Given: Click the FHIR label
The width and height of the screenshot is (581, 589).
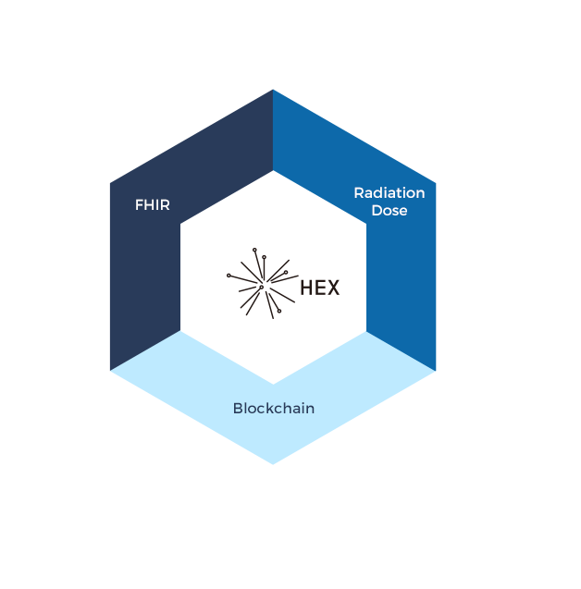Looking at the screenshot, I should click(153, 205).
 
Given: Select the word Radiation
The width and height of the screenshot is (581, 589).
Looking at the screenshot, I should click(389, 193).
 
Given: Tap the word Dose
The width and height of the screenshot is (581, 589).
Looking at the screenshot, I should click(389, 211).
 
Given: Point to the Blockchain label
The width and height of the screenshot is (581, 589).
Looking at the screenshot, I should click(274, 408).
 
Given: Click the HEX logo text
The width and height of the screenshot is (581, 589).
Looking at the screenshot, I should click(319, 288).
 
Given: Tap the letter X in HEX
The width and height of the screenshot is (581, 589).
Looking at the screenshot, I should click(333, 288).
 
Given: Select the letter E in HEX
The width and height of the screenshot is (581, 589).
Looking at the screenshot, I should click(320, 288).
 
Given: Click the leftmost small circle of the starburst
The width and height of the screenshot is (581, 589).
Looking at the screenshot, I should click(229, 275).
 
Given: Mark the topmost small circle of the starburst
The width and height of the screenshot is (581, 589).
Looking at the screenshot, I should click(254, 250).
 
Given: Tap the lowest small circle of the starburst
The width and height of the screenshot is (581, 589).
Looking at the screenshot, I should click(278, 311).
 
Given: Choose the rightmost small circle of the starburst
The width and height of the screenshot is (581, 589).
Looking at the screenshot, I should click(286, 272).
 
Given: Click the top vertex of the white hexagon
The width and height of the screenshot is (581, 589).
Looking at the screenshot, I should click(274, 171).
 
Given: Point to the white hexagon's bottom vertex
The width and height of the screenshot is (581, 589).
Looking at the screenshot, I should click(274, 384).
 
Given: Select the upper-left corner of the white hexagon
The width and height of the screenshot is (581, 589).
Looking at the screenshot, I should click(181, 224).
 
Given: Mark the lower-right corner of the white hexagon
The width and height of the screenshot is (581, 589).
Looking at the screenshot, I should click(366, 331).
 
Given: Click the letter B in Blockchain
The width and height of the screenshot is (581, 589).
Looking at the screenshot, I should click(238, 408).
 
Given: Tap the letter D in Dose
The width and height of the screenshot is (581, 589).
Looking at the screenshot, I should click(377, 211).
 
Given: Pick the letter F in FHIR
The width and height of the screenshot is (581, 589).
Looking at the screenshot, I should click(139, 205).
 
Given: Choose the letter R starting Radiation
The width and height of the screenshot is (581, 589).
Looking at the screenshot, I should click(359, 193).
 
